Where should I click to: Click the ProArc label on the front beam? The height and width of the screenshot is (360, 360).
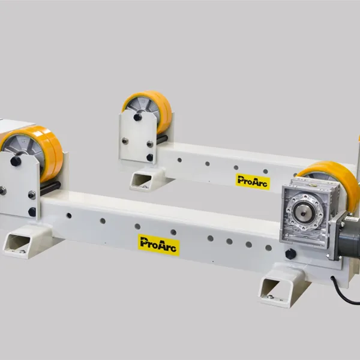pyautogui.click(x=159, y=244)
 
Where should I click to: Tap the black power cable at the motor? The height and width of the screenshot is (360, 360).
pyautogui.click(x=346, y=294)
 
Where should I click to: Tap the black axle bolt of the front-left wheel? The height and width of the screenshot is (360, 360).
pyautogui.click(x=16, y=161)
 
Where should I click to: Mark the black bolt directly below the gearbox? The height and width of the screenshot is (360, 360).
pyautogui.click(x=290, y=254)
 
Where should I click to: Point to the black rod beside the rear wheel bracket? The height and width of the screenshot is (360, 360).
pyautogui.click(x=161, y=139)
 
